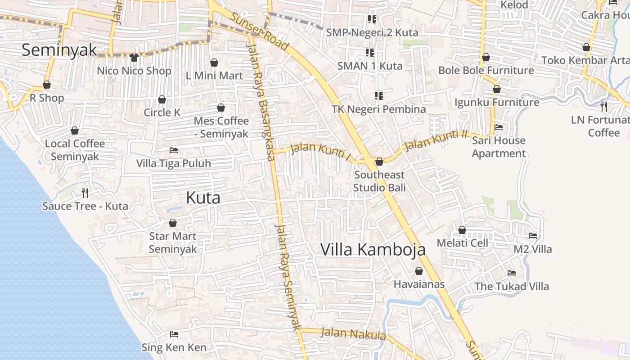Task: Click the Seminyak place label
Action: click(x=59, y=50)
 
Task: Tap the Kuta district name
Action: click(x=203, y=198)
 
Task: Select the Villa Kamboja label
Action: click(x=373, y=249)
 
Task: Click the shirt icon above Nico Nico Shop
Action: click(x=134, y=57)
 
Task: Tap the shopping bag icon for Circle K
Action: click(x=162, y=99)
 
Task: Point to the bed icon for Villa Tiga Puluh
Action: click(x=174, y=150)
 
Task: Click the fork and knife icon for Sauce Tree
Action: click(x=85, y=193)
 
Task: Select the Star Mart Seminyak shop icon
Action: click(x=173, y=223)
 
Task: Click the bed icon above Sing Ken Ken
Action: click(x=174, y=334)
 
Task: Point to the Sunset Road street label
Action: click(x=260, y=31)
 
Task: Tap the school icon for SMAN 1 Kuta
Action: click(x=370, y=53)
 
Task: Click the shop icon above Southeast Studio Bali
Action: click(x=379, y=162)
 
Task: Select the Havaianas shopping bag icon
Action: click(x=419, y=271)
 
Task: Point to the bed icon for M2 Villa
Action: click(x=533, y=236)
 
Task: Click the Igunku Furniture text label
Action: click(x=497, y=103)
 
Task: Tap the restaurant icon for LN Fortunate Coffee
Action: click(x=604, y=107)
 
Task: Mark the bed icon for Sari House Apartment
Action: click(x=499, y=127)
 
